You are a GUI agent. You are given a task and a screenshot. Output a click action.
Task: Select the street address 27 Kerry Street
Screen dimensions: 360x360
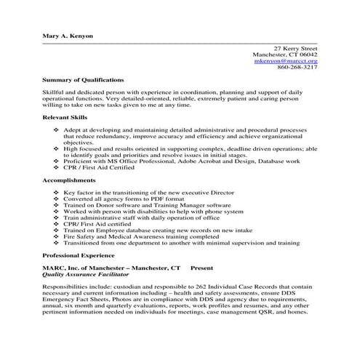290,47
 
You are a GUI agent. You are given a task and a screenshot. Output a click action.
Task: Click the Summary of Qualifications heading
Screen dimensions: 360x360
83,79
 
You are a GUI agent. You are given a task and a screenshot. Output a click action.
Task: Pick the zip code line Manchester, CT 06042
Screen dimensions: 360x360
284,54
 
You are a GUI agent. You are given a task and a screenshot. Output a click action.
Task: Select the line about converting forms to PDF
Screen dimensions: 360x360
120,199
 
